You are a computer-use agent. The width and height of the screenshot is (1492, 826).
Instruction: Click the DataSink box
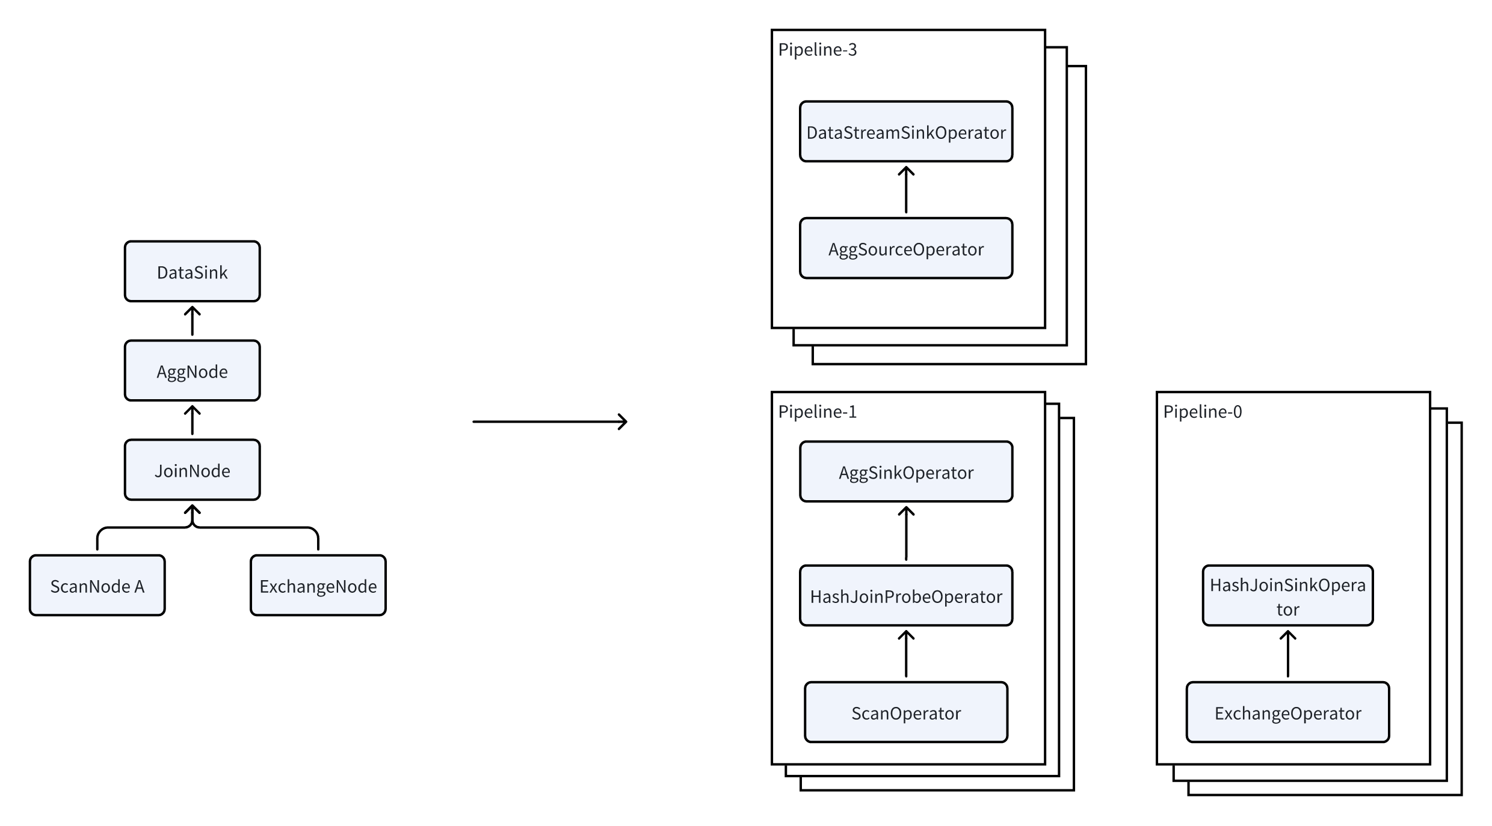click(x=192, y=272)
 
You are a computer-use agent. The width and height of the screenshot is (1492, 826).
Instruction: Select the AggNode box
click(x=192, y=371)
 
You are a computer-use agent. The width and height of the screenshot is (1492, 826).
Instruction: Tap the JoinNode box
click(x=192, y=470)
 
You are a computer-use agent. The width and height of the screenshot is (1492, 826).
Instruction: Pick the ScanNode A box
click(x=97, y=586)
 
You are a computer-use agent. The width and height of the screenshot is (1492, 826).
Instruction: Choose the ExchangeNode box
click(x=318, y=586)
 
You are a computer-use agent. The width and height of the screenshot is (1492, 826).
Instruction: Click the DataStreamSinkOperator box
click(x=905, y=132)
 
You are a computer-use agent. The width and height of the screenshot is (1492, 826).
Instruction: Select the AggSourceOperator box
click(x=905, y=248)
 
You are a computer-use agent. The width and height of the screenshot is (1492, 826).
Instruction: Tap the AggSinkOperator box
click(x=905, y=472)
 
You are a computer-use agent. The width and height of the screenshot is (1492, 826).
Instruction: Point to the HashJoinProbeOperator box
click(x=905, y=596)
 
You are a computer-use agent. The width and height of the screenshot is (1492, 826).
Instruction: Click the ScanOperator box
click(x=905, y=712)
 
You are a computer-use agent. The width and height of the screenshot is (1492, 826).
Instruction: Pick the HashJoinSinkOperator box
click(x=1287, y=596)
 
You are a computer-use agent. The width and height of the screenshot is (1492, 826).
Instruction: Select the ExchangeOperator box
click(x=1287, y=712)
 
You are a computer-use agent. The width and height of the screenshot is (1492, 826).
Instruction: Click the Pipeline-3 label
click(x=817, y=49)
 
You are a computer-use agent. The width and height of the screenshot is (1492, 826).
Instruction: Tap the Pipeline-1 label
click(x=817, y=412)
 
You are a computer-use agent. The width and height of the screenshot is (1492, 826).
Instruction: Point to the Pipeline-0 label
click(x=1202, y=412)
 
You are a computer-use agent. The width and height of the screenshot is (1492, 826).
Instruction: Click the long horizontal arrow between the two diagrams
click(x=549, y=421)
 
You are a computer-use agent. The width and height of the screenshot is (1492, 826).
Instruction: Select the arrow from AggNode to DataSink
click(x=192, y=321)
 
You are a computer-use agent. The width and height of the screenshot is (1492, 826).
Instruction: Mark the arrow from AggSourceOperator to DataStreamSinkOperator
click(x=906, y=190)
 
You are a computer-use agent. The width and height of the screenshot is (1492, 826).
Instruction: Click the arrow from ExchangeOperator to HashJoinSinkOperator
click(x=1287, y=654)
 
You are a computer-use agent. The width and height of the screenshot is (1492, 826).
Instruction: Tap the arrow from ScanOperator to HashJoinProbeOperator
click(x=906, y=654)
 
